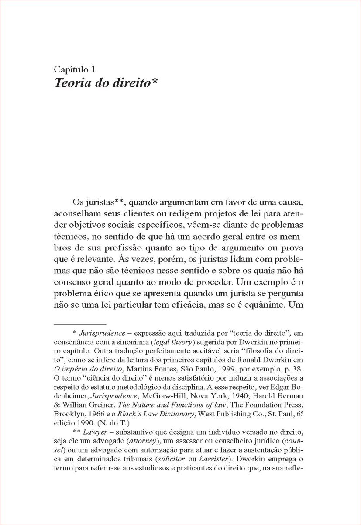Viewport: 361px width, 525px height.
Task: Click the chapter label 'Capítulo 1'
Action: click(x=74, y=69)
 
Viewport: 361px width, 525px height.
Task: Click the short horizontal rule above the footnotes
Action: click(x=80, y=325)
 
